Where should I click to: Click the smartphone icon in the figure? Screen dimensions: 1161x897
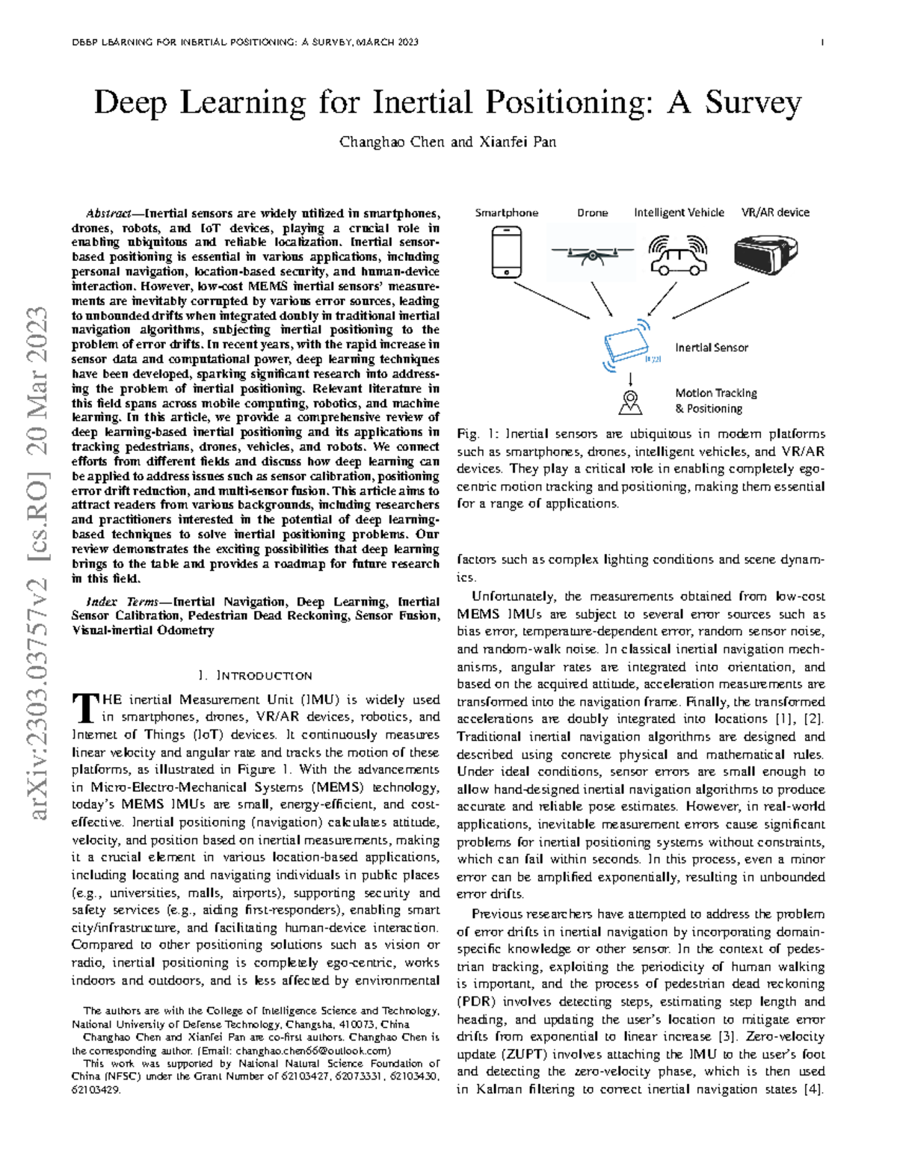pos(506,252)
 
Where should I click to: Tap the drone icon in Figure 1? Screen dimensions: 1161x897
pos(592,254)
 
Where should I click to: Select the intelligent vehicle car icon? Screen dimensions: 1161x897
pos(678,255)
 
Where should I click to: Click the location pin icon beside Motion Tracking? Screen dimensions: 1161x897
pos(631,402)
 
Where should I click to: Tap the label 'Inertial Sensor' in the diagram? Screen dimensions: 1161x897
pos(711,348)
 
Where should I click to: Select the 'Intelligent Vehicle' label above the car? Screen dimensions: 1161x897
pos(679,212)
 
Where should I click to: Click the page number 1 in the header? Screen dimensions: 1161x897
pos(822,43)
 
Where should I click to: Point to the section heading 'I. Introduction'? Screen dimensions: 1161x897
pos(255,676)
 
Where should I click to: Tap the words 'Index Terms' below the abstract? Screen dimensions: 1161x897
pos(122,602)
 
